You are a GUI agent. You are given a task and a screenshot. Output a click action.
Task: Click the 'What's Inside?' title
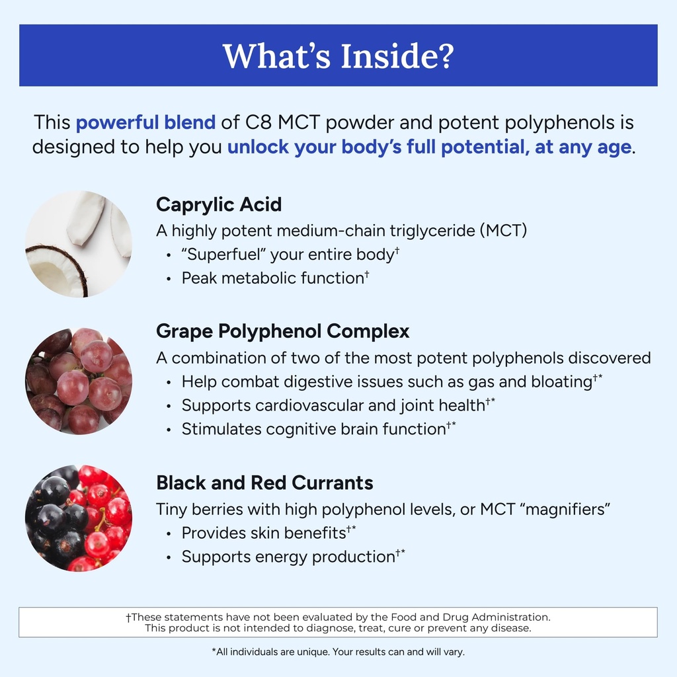[x=338, y=56]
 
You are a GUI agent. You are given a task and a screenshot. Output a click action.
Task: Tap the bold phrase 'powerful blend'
[x=145, y=122]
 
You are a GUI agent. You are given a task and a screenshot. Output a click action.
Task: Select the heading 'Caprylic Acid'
[x=219, y=204]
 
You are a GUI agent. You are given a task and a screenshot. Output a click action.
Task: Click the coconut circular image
[x=78, y=244]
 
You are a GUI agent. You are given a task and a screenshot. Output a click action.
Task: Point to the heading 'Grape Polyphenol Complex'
[x=282, y=331]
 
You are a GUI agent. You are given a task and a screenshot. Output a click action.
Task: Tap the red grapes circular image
[x=78, y=381]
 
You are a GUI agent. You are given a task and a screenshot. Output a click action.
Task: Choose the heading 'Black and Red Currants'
[x=264, y=483]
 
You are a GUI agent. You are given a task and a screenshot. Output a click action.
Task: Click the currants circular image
[x=78, y=518]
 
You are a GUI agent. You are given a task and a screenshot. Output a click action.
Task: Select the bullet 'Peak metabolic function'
[x=272, y=278]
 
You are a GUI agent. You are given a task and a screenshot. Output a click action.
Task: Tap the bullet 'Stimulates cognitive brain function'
[x=313, y=429]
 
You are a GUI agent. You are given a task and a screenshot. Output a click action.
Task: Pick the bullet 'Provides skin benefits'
[x=264, y=533]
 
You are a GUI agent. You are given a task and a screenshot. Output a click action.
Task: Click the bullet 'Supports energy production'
[x=288, y=557]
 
